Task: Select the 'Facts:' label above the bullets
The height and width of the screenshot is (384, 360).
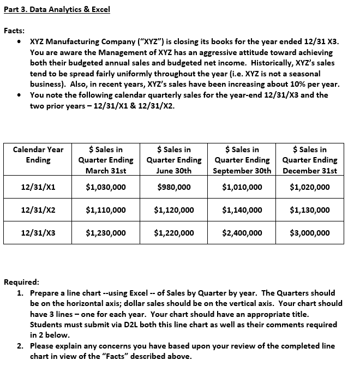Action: point(14,31)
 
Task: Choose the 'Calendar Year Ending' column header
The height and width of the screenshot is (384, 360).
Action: point(38,154)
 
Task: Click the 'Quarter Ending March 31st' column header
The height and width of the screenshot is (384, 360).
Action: point(106,160)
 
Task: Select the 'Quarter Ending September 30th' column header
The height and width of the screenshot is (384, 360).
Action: point(242,160)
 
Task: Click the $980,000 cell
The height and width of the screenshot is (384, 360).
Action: point(174,187)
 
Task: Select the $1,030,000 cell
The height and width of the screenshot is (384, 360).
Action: point(106,187)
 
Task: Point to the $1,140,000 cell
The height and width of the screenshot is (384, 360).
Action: point(242,209)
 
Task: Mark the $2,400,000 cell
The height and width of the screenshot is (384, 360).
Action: point(242,233)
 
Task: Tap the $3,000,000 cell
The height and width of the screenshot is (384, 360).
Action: point(310,233)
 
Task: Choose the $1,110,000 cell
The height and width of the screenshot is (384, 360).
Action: point(106,209)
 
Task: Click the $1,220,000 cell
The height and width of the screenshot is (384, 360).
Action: point(174,233)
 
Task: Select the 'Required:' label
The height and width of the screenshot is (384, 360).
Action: point(21,282)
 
